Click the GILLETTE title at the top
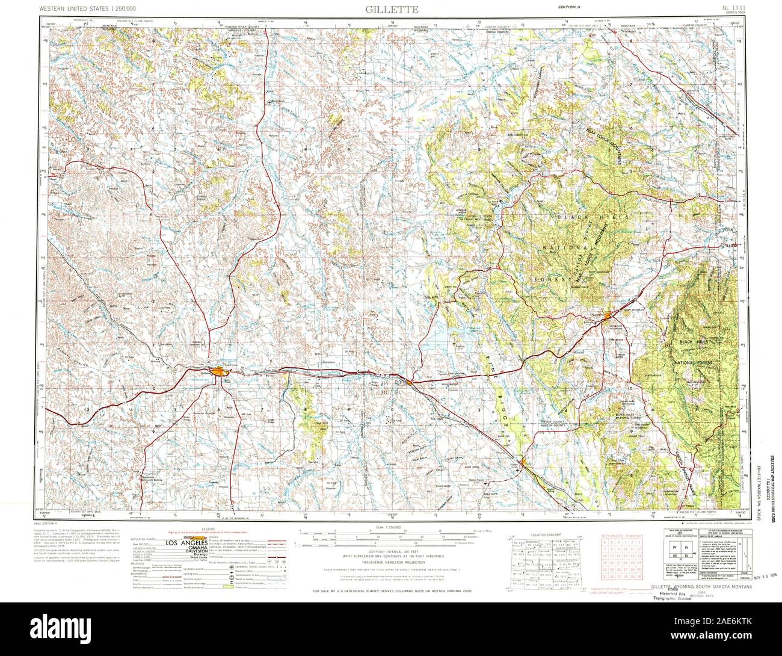[x=390, y=8]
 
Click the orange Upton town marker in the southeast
[x=525, y=462]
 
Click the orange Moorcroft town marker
[x=408, y=382]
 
